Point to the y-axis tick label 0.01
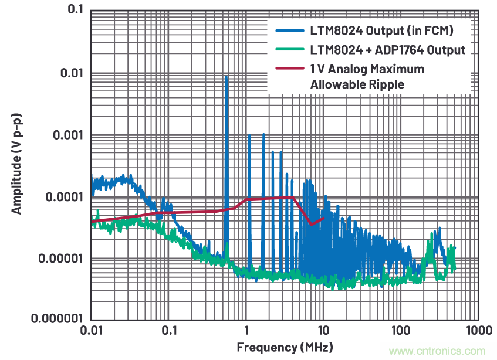point(72,73)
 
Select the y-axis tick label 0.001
point(69,135)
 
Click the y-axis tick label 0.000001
point(59,320)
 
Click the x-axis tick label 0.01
point(92,331)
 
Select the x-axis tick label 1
point(246,331)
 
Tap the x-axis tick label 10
point(323,331)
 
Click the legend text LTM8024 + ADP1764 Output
point(387,49)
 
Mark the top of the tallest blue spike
point(226,76)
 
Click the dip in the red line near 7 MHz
point(312,225)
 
